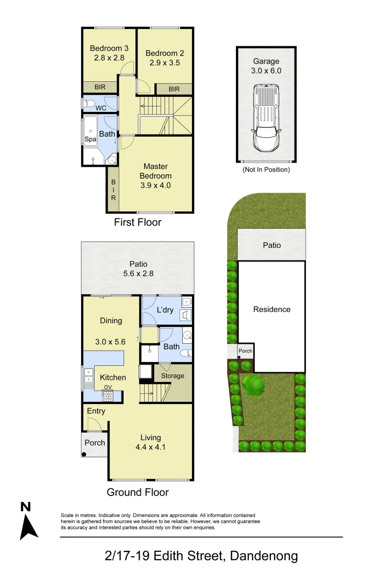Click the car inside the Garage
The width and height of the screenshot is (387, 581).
[267, 118]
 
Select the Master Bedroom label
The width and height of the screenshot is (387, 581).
[156, 171]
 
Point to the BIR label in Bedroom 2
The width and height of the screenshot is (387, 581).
[174, 89]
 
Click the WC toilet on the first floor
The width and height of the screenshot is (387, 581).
[88, 103]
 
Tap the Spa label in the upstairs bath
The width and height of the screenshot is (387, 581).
[90, 139]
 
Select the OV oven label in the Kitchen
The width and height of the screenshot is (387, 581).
[107, 387]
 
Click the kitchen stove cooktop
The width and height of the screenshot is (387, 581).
[108, 395]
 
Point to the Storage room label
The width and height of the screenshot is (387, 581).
[173, 375]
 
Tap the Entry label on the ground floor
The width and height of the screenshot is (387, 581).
[96, 411]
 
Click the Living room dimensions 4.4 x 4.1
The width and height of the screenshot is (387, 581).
[150, 447]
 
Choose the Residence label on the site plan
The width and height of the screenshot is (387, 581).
[271, 309]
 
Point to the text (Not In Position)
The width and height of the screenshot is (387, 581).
[267, 169]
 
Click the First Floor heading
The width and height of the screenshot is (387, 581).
[138, 222]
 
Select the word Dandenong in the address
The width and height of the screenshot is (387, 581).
[263, 556]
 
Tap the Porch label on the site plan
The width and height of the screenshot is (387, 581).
[245, 351]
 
